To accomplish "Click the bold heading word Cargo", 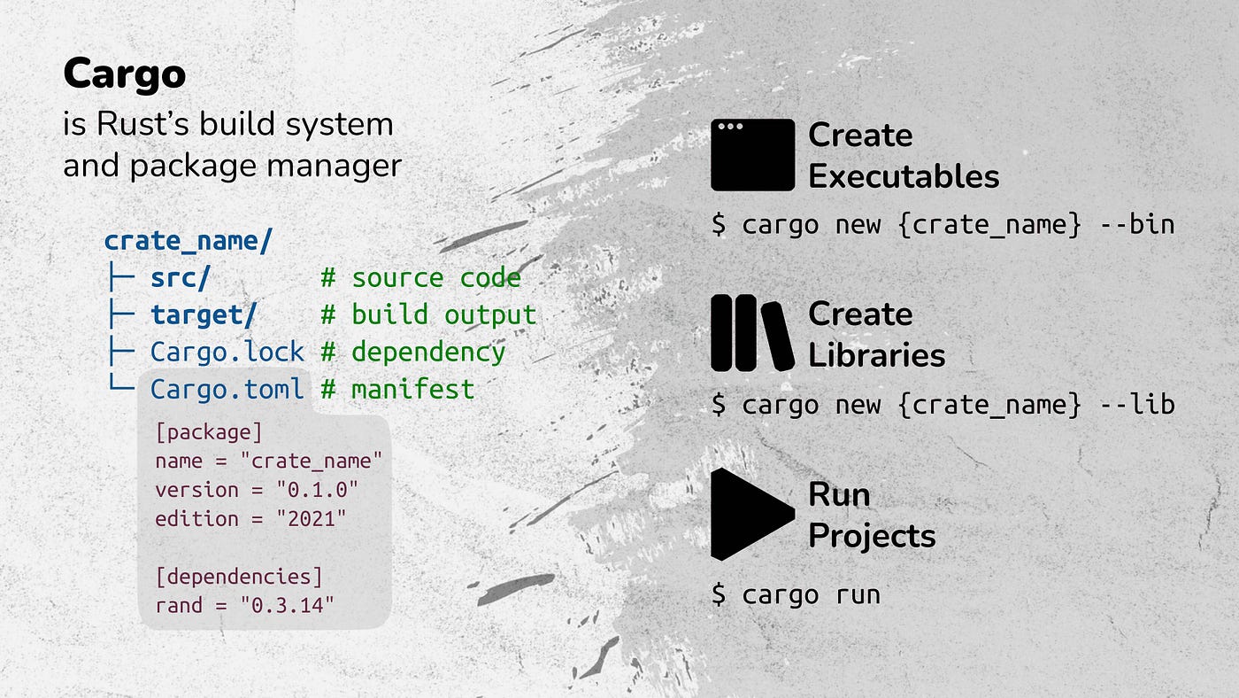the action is point(124,74).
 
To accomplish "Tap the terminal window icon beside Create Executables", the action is point(752,155).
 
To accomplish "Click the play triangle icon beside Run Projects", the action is point(749,515).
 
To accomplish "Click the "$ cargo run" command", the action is point(796,594).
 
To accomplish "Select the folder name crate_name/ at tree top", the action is point(189,241).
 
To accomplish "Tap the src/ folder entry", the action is point(181,278).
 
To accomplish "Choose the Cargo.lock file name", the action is point(227,353).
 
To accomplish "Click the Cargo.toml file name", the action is point(227,389).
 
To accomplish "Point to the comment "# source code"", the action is point(420,278).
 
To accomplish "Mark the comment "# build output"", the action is point(428,315).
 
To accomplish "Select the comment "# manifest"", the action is point(397,389).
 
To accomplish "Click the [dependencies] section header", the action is point(239,577).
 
